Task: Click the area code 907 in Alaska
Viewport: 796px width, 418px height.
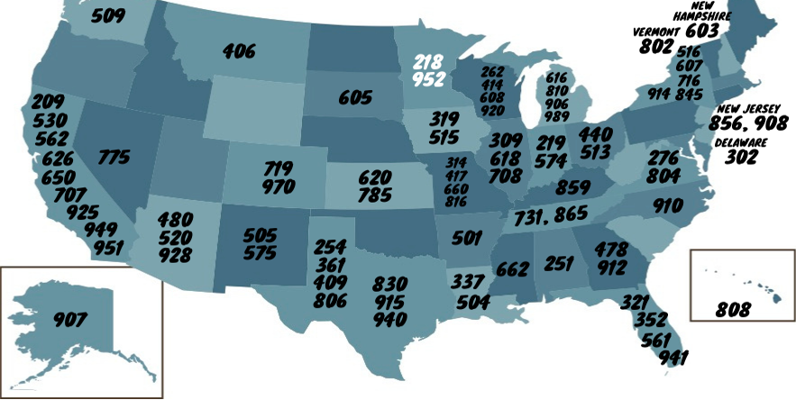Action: [x=69, y=320]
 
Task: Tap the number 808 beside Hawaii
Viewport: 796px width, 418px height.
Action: [x=733, y=310]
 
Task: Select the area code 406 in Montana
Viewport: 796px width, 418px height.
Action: [x=239, y=52]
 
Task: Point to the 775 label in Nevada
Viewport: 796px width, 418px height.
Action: [x=114, y=158]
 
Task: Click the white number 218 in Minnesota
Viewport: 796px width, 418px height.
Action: [x=429, y=63]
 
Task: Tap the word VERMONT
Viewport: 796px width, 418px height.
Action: [x=657, y=32]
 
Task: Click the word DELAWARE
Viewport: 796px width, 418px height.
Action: [x=742, y=143]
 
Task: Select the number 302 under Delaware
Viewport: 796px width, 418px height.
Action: [x=741, y=158]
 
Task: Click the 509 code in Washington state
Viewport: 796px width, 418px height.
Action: [x=108, y=15]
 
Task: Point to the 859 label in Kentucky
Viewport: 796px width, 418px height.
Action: [x=573, y=189]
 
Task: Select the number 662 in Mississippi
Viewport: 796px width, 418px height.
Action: [x=512, y=268]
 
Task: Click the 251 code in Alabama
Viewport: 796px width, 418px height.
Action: [x=559, y=264]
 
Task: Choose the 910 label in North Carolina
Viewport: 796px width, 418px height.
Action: [x=668, y=206]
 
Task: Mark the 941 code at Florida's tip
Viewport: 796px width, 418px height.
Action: [x=673, y=358]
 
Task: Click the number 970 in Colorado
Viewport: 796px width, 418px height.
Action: [x=279, y=187]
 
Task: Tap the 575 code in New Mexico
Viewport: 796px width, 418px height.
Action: [x=260, y=253]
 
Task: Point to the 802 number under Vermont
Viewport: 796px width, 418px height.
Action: [x=656, y=46]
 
